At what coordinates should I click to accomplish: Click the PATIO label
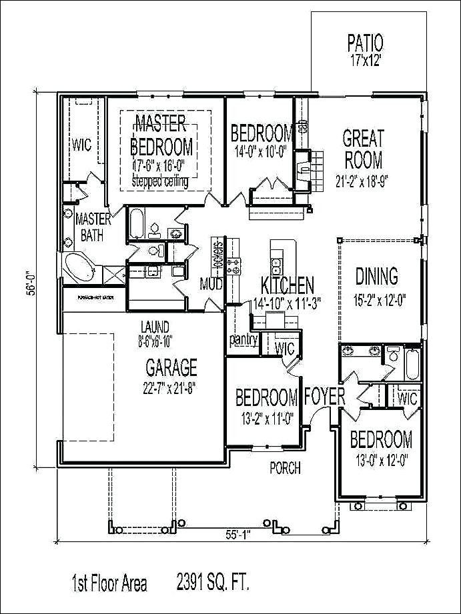pos(365,43)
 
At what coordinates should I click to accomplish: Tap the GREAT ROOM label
pos(363,149)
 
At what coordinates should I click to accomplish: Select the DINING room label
pos(376,275)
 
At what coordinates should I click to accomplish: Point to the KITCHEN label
pos(287,286)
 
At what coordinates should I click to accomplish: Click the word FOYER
pos(324,396)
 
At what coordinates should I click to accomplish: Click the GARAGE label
pos(171,367)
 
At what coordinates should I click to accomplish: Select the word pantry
pos(244,339)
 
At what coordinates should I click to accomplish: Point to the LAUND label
pos(154,327)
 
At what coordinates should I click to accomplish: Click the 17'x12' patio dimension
pos(365,60)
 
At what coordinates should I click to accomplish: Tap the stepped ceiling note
pos(159,181)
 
